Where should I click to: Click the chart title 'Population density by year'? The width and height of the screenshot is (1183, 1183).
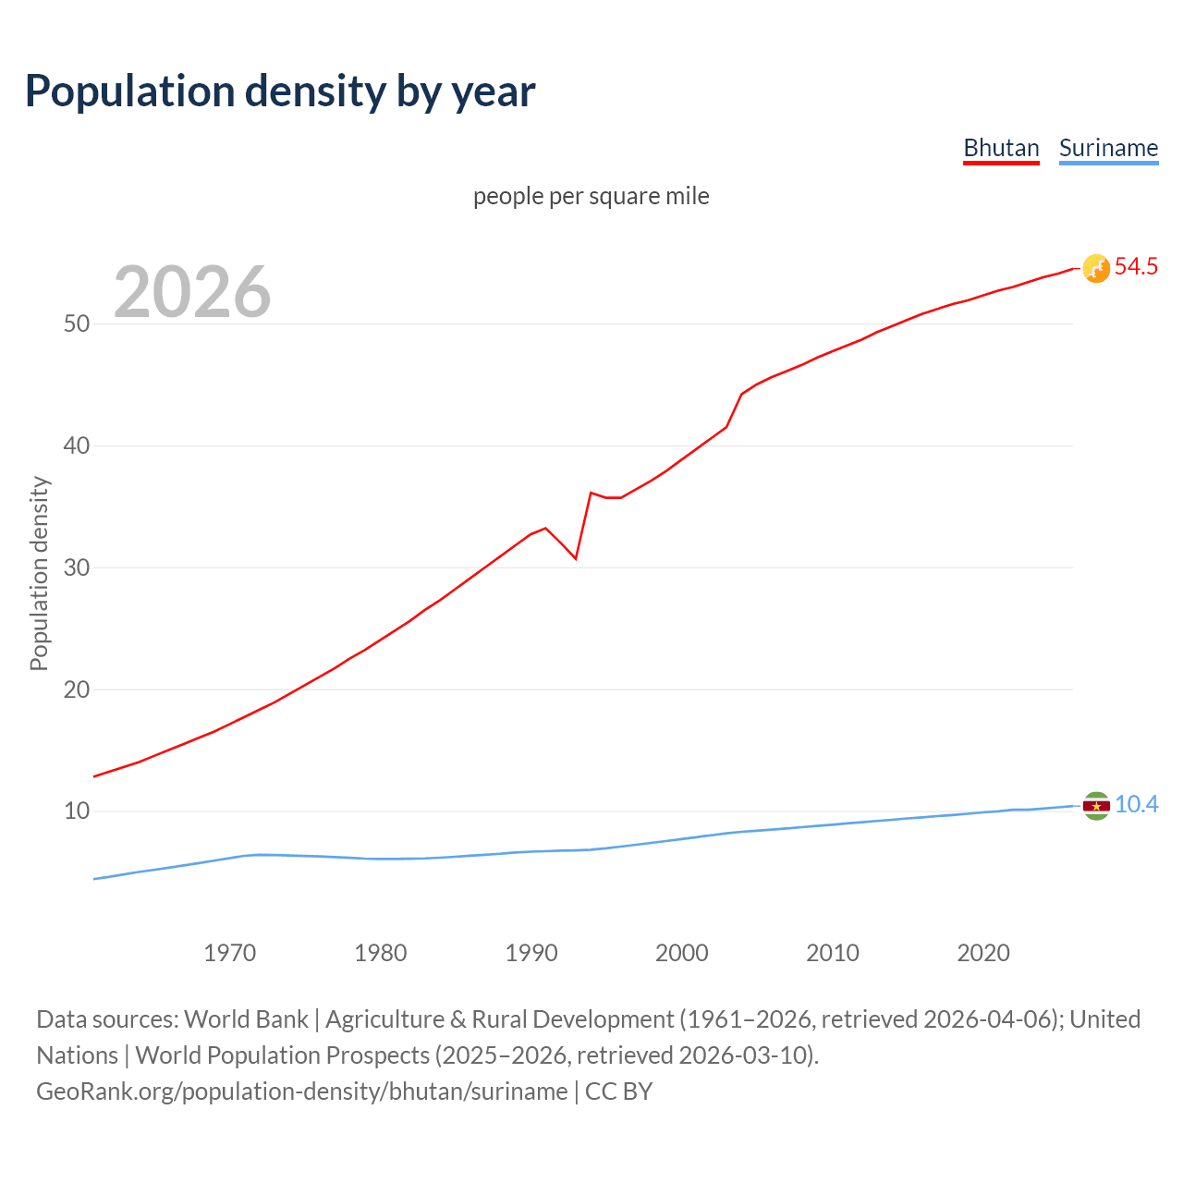[x=280, y=91]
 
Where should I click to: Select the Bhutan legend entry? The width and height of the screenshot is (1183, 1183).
[x=1001, y=148]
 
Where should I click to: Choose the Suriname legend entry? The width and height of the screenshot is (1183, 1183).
[x=1108, y=148]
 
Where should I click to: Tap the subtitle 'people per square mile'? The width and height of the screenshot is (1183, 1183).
[x=591, y=196]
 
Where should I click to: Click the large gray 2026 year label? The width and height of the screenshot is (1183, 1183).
[x=192, y=292]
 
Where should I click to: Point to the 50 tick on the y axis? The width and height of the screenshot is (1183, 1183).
[x=77, y=323]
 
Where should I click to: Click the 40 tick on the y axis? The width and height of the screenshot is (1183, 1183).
[x=77, y=445]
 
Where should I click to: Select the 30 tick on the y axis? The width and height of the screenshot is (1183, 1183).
[x=77, y=567]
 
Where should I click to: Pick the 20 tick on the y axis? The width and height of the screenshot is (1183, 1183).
[x=77, y=689]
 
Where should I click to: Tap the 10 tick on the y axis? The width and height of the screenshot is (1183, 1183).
[x=77, y=811]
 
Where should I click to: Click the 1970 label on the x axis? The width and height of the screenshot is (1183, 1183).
[x=230, y=953]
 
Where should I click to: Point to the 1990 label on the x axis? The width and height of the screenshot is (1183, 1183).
[x=531, y=953]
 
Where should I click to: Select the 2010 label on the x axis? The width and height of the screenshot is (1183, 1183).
[x=833, y=953]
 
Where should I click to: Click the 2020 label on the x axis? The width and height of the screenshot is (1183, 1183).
[x=983, y=953]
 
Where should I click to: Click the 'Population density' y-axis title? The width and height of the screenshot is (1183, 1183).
[x=39, y=573]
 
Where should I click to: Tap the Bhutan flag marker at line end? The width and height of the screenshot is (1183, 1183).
[x=1096, y=268]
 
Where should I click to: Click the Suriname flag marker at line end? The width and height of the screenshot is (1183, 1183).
[x=1096, y=806]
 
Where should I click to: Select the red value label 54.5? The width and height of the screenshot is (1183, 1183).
[x=1136, y=267]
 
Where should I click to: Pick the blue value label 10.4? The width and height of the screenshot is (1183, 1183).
[x=1136, y=805]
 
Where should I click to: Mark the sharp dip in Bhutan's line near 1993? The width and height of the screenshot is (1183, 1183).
[x=576, y=558]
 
